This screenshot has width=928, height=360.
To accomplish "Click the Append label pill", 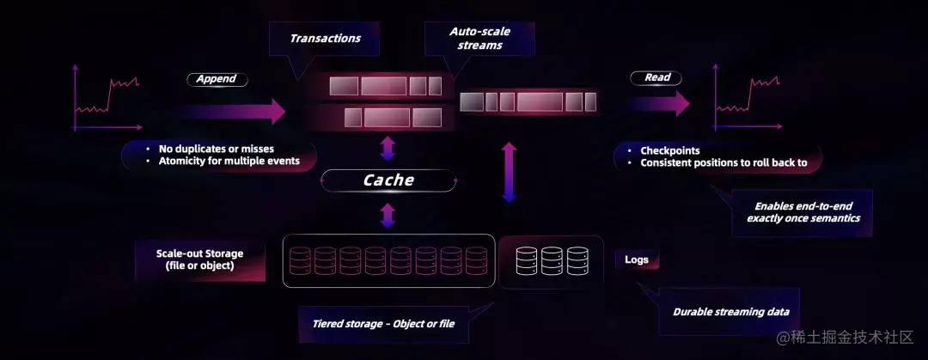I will coord(217,79).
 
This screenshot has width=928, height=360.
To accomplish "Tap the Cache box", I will coord(388,180).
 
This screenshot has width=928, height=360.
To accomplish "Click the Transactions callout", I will coord(324,40).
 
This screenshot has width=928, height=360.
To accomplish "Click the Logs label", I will coord(637,259).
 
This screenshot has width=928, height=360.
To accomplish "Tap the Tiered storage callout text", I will coord(383,324).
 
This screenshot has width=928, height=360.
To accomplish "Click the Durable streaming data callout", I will coord(730,312).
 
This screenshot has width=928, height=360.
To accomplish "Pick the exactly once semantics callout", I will coord(803,212).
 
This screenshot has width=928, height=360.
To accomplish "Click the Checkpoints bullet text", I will coord(669,150).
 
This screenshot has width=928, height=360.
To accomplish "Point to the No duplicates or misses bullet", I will coord(217,149).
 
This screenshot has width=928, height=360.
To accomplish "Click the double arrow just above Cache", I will coord(388,149).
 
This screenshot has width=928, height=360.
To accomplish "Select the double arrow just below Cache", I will coord(388,214).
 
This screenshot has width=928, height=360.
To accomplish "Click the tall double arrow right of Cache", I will coord(509,172).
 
